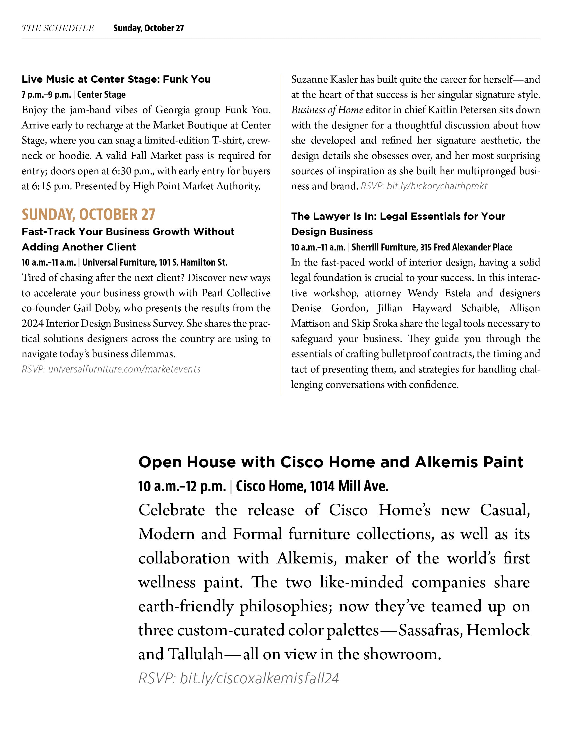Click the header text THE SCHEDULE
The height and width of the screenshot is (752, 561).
tap(58, 28)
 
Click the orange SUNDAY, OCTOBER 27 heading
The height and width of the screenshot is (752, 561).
tap(88, 214)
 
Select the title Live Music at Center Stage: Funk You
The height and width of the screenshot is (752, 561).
tap(116, 79)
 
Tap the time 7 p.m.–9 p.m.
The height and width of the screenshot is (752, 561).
tap(46, 95)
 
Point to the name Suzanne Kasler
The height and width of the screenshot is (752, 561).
tap(324, 79)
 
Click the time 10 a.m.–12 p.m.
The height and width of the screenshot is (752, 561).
tap(182, 486)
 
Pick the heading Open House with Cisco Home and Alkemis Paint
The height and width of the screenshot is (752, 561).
tap(331, 462)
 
